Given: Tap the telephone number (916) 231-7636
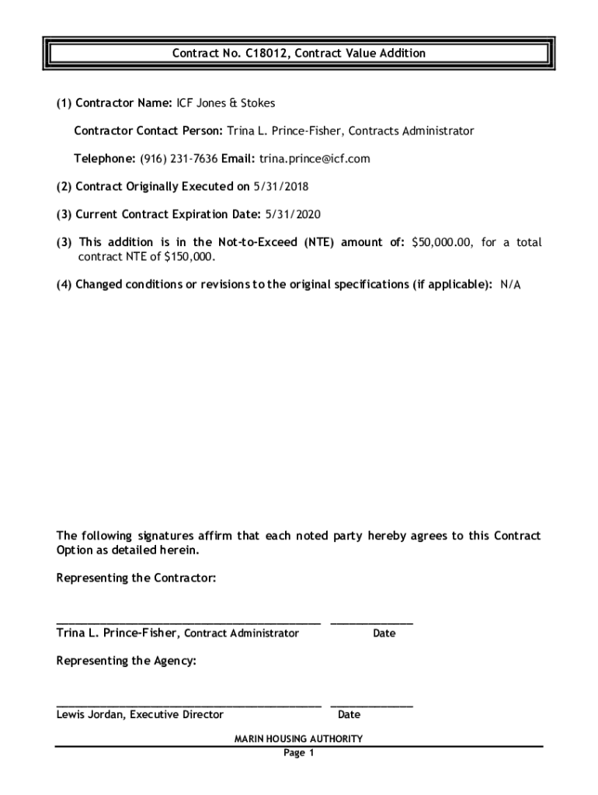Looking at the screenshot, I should [179, 159].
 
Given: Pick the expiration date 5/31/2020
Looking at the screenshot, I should [293, 215].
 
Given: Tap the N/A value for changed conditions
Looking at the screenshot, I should [510, 285].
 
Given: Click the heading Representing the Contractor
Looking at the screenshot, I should [136, 578].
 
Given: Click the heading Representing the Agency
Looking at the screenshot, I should [127, 661].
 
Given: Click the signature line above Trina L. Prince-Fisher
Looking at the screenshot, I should [188, 622].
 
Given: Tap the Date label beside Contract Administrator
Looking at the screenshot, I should [384, 634].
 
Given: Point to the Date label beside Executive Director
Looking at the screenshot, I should [349, 715].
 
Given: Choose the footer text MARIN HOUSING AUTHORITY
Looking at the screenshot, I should [298, 739].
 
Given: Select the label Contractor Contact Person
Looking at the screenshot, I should [148, 131].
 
